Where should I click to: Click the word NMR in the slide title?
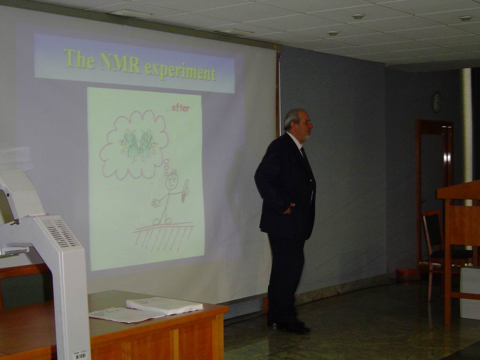coord(120,63)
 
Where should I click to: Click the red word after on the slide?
coord(180,108)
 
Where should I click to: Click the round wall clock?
coord(437,102)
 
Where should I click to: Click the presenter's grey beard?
coord(306,137)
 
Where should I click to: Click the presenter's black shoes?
coord(290,327)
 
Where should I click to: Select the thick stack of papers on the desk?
coord(165,305)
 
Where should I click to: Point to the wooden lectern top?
coord(458,189)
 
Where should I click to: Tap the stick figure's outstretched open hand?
coord(156,202)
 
